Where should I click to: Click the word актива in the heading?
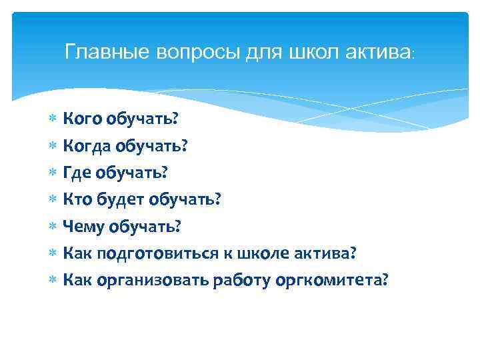[x=379, y=52]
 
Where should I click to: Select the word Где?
[x=76, y=173]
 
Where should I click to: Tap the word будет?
[x=121, y=200]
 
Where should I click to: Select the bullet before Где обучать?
[x=53, y=173]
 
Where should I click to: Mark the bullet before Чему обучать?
[x=53, y=227]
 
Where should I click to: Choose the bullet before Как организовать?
[x=53, y=281]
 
